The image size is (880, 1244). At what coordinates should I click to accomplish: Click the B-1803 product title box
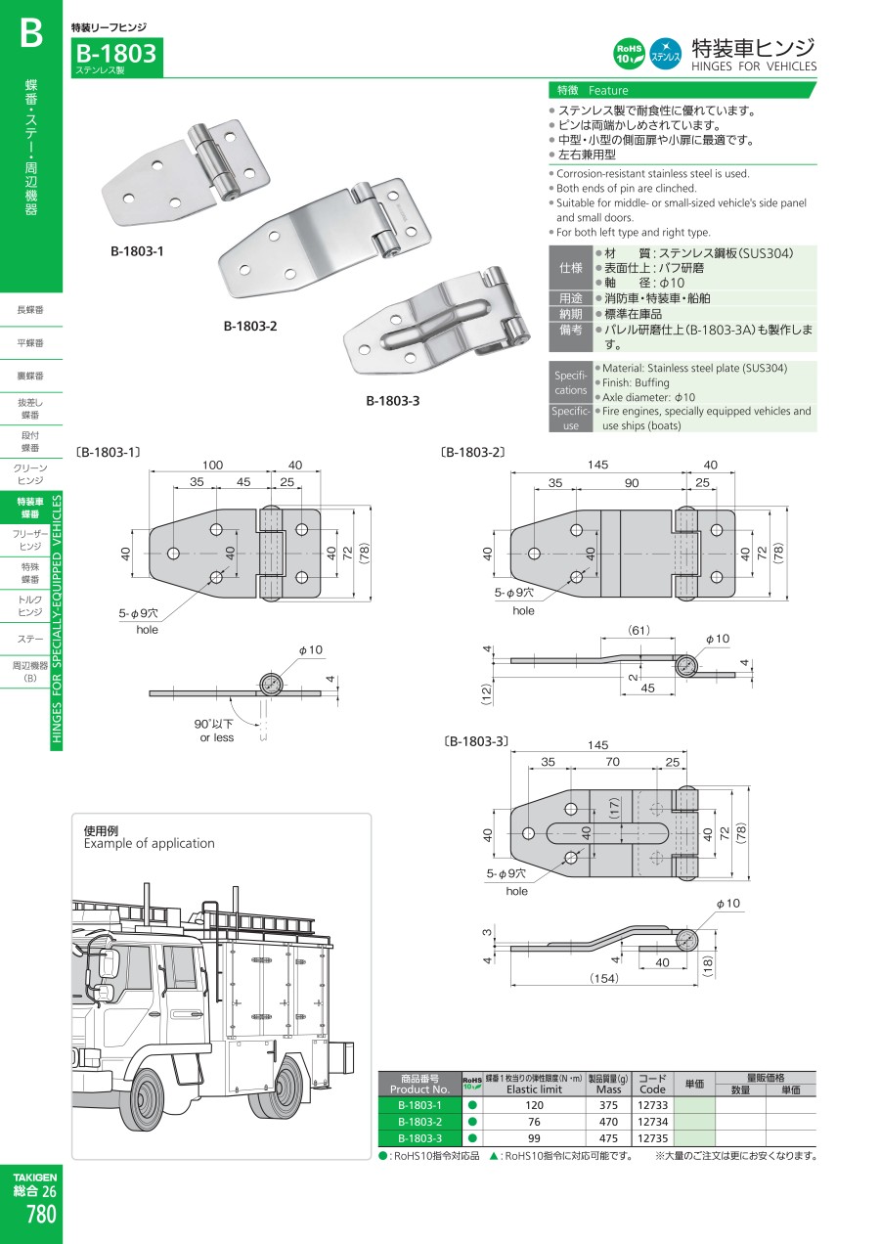click(x=115, y=57)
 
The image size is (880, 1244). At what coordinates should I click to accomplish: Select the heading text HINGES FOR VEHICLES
click(x=753, y=67)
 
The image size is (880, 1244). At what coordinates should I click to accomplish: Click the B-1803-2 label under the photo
click(x=250, y=326)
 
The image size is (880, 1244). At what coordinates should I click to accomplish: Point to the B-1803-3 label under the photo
click(x=393, y=400)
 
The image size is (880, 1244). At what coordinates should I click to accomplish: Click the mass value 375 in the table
click(x=608, y=1105)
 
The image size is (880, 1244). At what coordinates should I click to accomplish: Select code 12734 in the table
click(x=651, y=1122)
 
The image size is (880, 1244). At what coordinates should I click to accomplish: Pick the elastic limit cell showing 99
click(x=534, y=1138)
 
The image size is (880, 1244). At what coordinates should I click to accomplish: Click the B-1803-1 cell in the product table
click(x=419, y=1105)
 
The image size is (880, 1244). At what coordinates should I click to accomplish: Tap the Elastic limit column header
click(x=534, y=1088)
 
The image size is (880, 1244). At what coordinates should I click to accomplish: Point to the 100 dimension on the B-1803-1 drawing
click(x=212, y=466)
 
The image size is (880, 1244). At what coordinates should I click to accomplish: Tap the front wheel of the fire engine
click(x=146, y=1094)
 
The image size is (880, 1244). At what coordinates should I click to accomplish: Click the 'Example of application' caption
click(x=150, y=843)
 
